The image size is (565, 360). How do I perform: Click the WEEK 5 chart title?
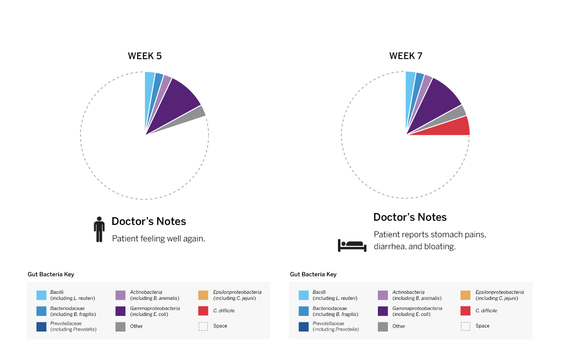[x=145, y=56]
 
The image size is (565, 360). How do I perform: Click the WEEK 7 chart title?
[x=406, y=56]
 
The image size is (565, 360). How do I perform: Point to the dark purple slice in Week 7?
[x=435, y=100]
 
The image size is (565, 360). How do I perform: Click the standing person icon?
[x=99, y=229]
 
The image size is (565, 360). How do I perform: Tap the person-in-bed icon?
[x=352, y=245]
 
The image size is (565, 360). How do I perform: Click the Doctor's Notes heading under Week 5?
[x=149, y=221]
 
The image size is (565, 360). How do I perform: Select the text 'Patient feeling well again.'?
[x=158, y=239]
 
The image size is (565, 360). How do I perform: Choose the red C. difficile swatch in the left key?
[x=203, y=311]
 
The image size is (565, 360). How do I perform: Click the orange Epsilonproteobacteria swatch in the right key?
[x=465, y=295]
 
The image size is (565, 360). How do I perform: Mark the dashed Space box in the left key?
[x=203, y=326]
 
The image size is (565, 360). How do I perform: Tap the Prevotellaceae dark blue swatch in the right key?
[x=303, y=326]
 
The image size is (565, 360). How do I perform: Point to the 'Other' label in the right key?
[x=399, y=326]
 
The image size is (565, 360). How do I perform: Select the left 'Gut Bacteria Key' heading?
[x=51, y=274]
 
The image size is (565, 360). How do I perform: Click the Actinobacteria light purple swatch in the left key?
[x=120, y=295]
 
